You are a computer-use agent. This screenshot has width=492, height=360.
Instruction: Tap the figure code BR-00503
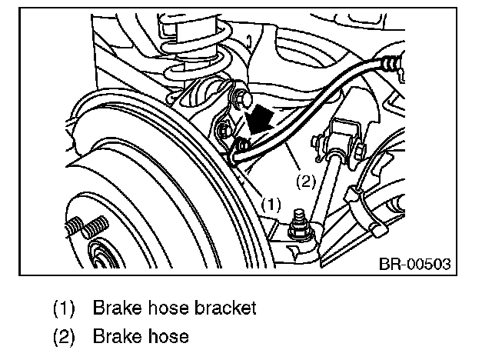tap(413, 264)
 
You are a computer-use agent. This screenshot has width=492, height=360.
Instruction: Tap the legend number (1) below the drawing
tap(65, 308)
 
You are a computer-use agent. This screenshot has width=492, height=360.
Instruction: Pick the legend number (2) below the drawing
tap(65, 336)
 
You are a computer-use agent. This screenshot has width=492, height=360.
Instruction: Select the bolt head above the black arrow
tap(245, 98)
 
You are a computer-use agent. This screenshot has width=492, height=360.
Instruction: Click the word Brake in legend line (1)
tap(112, 308)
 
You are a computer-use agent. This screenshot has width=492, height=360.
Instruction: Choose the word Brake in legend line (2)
tap(112, 336)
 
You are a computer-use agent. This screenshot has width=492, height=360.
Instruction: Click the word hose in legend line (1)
tap(168, 308)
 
